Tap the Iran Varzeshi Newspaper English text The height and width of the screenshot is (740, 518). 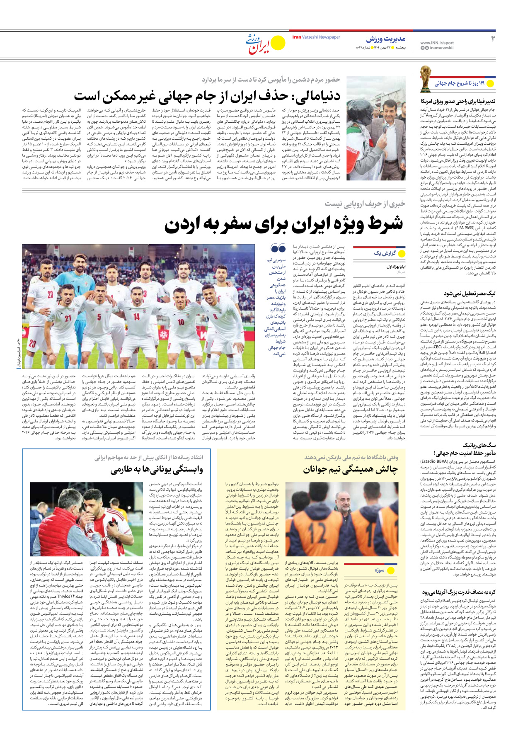click(316, 37)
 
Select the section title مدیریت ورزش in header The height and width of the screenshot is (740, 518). click(385, 39)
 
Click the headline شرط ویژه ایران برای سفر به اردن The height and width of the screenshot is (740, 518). click(283, 224)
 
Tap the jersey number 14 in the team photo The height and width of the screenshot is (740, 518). click(136, 316)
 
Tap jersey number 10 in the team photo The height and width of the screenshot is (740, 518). click(181, 322)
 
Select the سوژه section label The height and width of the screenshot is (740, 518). click(380, 570)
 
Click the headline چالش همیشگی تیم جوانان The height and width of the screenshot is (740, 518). click(350, 470)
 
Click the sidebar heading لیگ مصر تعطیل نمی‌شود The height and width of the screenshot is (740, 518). click(469, 294)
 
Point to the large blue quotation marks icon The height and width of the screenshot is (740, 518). click(278, 248)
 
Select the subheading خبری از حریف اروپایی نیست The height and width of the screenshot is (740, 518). click(365, 204)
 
